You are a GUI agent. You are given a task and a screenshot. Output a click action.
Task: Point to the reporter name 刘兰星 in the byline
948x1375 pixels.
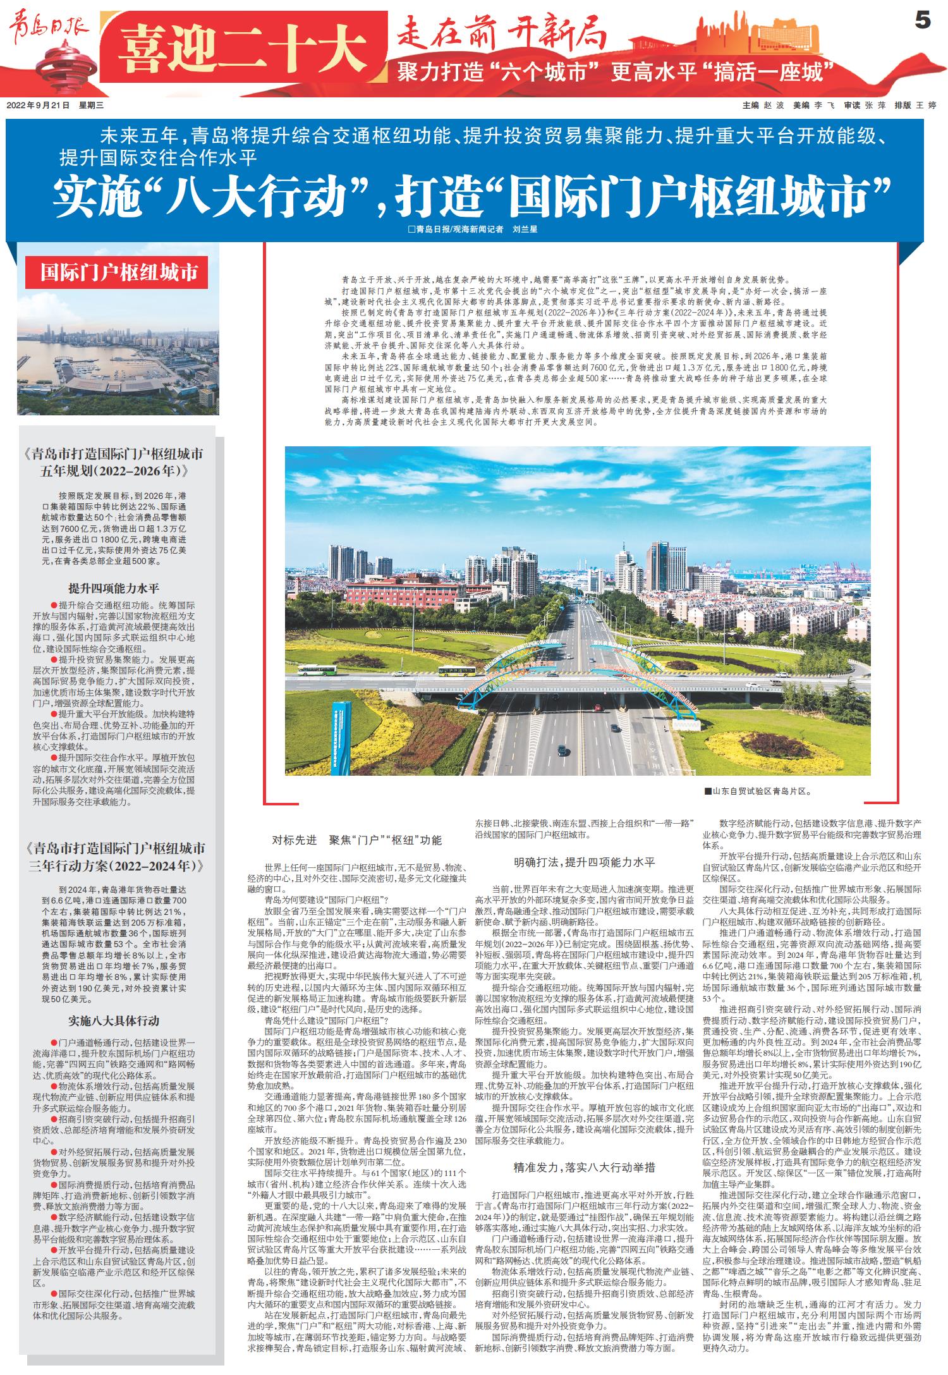524,229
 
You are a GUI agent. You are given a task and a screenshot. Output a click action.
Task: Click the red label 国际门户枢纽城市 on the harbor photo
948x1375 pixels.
118,272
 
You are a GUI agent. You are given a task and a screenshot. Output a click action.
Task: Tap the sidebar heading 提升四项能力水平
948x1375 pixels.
114,587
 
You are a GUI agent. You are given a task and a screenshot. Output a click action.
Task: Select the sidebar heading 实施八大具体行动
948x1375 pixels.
114,1020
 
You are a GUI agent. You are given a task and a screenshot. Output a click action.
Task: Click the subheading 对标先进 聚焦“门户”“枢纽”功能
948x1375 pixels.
356,840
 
